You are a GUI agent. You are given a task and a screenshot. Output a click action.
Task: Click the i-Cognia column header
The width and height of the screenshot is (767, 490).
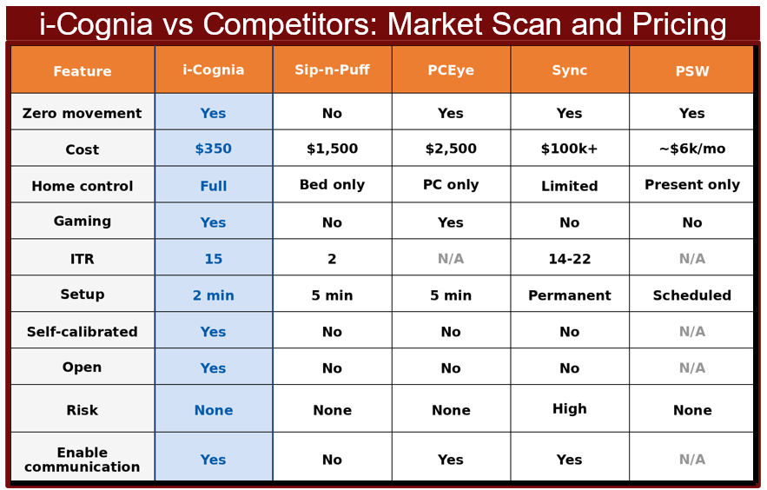[214, 70]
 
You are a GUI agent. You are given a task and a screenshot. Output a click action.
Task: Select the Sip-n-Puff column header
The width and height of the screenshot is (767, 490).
[332, 70]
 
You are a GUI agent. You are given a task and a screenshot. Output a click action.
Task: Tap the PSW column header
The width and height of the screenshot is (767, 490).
[692, 71]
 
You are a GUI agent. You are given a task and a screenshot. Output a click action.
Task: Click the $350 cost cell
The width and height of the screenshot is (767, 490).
[214, 149]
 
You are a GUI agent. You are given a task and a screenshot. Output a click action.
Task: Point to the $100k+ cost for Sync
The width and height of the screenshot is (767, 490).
[569, 149]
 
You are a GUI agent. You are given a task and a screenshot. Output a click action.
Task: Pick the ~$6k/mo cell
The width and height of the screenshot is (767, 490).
[692, 149]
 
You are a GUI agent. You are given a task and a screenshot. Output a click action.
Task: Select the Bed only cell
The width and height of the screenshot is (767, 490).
[332, 184]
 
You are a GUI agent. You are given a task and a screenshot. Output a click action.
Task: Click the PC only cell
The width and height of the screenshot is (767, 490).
[451, 184]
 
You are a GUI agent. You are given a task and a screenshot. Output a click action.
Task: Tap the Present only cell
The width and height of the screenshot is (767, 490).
[692, 184]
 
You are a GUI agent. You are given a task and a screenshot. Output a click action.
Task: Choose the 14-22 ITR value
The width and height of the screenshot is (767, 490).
[569, 259]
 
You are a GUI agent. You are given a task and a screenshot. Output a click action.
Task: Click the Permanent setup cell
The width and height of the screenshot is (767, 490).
[569, 295]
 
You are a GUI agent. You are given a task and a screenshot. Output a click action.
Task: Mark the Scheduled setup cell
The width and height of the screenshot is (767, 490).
[692, 295]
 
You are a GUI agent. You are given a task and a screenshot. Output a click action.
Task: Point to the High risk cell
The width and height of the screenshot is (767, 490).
[569, 409]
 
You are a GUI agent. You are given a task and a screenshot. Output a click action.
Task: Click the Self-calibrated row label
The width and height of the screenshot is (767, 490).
[83, 332]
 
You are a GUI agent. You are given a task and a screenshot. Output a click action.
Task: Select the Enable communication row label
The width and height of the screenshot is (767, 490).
[83, 460]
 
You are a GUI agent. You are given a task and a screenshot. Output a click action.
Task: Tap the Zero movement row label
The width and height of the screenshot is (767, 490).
[83, 113]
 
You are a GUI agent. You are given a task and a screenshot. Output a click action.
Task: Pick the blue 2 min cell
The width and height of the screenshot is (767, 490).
[214, 295]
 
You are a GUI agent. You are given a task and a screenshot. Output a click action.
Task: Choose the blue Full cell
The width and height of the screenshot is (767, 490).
[214, 186]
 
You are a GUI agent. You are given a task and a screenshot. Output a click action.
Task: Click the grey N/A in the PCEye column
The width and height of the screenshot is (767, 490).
[451, 259]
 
